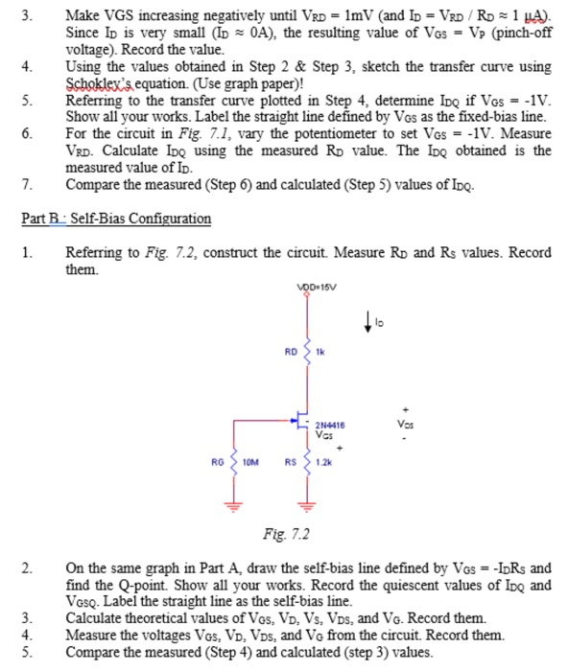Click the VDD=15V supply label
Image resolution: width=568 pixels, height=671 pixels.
pyautogui.click(x=307, y=287)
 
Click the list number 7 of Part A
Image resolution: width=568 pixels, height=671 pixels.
pyautogui.click(x=28, y=183)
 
